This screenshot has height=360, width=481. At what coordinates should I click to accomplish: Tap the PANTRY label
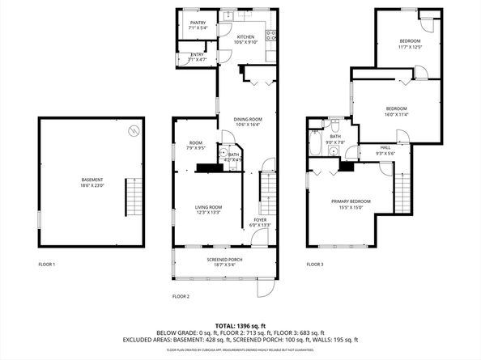pos(198,23)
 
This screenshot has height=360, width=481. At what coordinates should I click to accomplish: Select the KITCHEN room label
pos(245,37)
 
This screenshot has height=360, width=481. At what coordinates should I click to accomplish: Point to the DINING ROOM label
pos(248,119)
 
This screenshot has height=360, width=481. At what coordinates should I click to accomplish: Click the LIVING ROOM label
pos(208,207)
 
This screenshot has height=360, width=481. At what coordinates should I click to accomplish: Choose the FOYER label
pos(260,219)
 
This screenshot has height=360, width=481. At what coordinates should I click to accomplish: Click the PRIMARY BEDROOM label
pos(351,201)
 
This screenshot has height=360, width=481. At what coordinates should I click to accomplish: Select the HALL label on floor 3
pos(385,147)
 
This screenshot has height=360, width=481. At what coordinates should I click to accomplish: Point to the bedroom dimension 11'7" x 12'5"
pos(410,47)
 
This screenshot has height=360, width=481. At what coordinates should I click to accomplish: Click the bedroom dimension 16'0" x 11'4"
pos(396,115)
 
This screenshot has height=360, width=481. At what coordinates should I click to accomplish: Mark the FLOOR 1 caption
pos(47,265)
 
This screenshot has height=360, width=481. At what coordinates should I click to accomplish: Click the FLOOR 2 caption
pos(181,297)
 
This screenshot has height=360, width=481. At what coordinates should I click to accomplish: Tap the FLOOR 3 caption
pos(315,265)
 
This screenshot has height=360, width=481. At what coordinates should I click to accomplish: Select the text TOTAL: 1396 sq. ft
pos(240,324)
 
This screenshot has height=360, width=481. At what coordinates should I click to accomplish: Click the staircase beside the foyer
pos(266,192)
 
